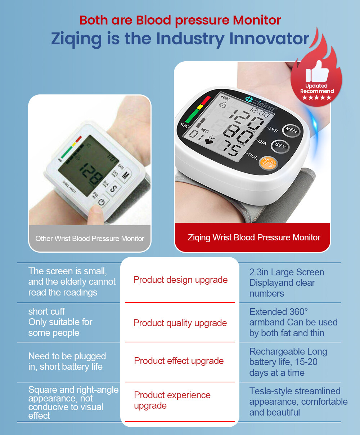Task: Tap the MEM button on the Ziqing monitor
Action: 291,130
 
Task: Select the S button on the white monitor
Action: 113,188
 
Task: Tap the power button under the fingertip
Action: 102,202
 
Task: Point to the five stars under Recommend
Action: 317,98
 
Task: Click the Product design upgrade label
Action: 180,280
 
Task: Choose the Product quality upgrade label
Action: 180,323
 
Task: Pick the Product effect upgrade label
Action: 179,361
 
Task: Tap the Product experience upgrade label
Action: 172,400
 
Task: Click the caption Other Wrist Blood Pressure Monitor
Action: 90,239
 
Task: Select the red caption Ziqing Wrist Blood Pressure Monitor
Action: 254,238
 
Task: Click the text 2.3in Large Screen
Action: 287,272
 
